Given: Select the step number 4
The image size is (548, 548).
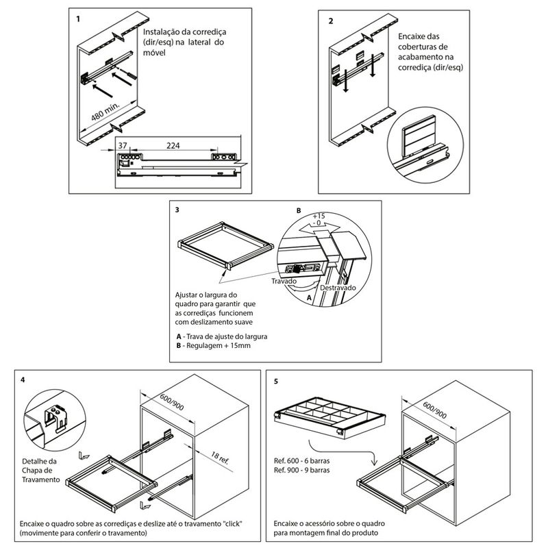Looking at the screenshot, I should click(x=23, y=379).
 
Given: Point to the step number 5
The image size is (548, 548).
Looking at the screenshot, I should click(x=275, y=379).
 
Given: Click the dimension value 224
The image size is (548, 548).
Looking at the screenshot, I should click(x=173, y=145).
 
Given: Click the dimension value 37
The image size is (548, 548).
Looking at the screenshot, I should click(x=123, y=145).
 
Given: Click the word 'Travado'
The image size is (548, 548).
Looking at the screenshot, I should click(x=283, y=281).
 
